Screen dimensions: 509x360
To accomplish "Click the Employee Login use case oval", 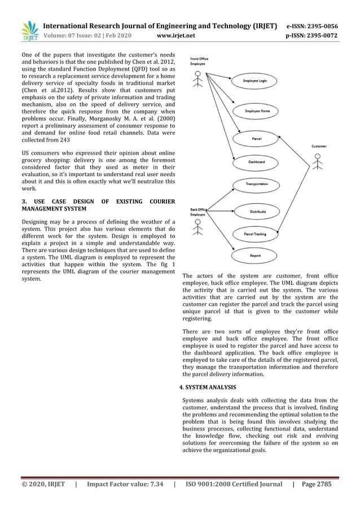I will coord(255,81).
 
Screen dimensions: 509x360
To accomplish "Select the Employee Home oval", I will coord(257,111).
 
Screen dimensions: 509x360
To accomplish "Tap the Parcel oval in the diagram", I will coord(257,138).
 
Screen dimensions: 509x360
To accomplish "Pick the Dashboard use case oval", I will coord(256,162).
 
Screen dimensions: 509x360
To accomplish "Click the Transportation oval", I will coord(257,185).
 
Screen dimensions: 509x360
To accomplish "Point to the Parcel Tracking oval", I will coord(255,234).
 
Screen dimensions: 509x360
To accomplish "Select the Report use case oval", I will coord(255,256).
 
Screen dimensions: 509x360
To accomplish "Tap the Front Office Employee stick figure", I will coord(197,82).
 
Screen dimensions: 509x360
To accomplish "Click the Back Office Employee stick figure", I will coord(197,227).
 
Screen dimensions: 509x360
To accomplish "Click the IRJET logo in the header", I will coord(29,32).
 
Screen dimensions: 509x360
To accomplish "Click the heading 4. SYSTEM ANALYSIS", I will coord(208,388).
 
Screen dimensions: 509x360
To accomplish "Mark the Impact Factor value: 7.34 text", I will coord(125,484).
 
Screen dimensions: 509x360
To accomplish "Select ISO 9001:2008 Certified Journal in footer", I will coord(233,484).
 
